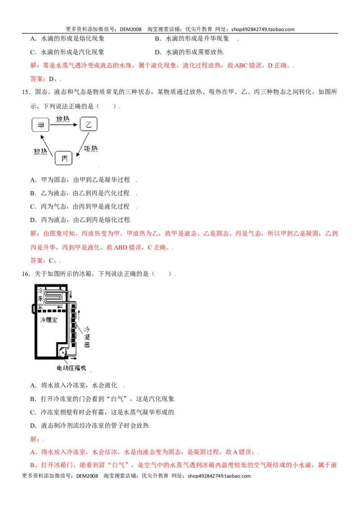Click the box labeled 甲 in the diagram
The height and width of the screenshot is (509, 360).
(x=40, y=125)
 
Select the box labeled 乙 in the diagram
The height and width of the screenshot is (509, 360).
(x=88, y=124)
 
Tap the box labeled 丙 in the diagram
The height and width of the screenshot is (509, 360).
(x=63, y=158)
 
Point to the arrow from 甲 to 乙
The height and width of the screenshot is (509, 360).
(x=63, y=125)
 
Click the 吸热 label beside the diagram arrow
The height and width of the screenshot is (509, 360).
(x=90, y=149)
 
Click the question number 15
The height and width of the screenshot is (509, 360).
(x=26, y=92)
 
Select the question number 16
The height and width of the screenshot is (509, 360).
(x=26, y=274)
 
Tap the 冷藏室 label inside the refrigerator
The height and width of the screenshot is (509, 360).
(x=49, y=320)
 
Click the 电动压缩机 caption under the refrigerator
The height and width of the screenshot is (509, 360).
(x=71, y=368)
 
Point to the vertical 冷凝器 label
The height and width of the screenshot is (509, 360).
(x=87, y=337)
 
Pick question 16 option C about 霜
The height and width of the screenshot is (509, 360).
(x=103, y=412)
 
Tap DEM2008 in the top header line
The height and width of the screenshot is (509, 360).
(x=130, y=29)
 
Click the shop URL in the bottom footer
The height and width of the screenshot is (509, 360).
(x=219, y=476)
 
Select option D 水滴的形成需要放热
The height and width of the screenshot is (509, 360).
(x=189, y=52)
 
